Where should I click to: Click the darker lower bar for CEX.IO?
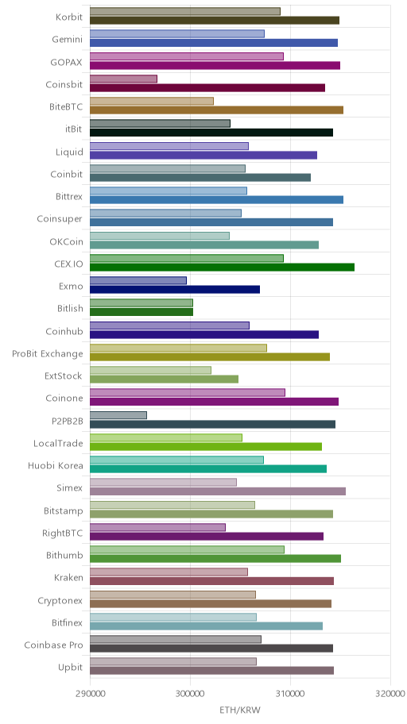point(222,268)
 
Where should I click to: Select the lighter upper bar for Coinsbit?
point(123,79)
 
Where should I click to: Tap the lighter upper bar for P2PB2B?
point(118,415)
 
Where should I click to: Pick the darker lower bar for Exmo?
point(175,290)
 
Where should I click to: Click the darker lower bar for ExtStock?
point(165,379)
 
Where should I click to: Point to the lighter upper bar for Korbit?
point(185,12)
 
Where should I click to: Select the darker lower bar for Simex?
point(218,491)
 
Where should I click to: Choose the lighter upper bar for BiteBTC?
point(152,101)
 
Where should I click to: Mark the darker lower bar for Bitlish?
point(141,312)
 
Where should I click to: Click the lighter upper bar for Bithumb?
point(187,549)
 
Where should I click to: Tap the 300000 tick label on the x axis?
point(190,694)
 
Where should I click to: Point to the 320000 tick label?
point(391,694)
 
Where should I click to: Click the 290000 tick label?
point(90,694)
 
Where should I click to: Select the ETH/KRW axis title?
point(240,710)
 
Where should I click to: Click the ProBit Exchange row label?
point(48,354)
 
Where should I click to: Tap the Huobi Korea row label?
point(56,465)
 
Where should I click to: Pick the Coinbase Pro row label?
point(53,645)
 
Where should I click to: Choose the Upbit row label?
point(70,667)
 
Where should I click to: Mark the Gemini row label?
point(68,39)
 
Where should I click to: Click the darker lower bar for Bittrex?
point(216,200)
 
